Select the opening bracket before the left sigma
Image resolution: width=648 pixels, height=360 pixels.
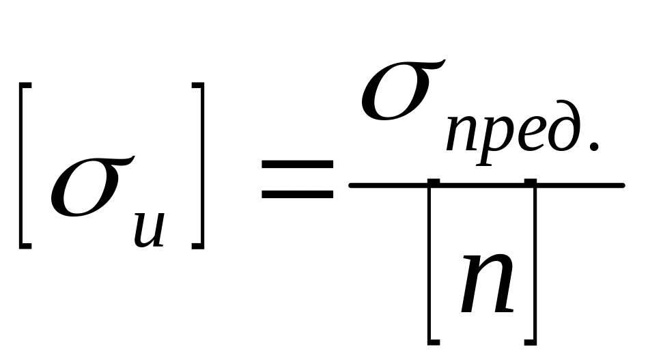[x=25, y=164]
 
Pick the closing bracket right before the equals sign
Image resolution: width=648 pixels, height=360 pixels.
[x=199, y=164]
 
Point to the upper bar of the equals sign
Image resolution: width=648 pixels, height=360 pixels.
[x=298, y=165]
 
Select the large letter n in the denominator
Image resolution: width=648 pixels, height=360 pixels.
[x=485, y=284]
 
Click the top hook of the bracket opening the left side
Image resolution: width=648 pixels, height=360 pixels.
[x=26, y=85]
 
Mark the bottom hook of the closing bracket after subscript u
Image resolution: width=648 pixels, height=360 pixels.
[x=197, y=244]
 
